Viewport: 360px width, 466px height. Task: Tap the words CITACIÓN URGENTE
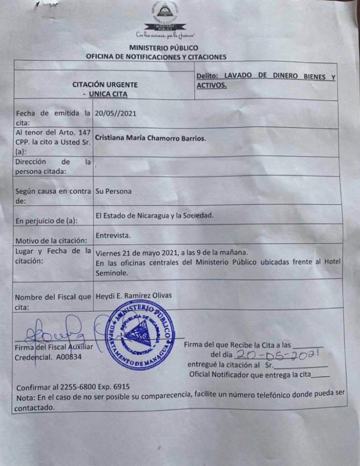[x=106, y=84]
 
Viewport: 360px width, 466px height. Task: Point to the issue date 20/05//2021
[x=116, y=113]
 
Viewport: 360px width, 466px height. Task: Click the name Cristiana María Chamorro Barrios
[x=151, y=138]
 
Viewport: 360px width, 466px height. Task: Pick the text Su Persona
[x=113, y=191]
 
